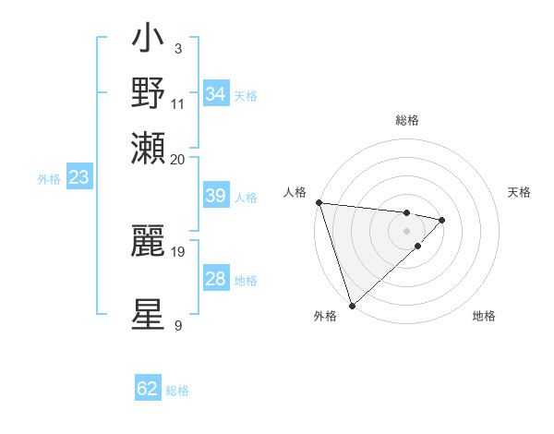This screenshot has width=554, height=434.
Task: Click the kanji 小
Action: (149, 42)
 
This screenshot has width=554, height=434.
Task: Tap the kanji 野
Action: (149, 93)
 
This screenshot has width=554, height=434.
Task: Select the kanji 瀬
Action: (149, 148)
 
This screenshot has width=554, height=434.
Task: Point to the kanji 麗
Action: (149, 242)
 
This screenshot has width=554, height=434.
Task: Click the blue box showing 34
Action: (216, 94)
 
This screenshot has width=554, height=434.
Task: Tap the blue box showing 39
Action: (216, 196)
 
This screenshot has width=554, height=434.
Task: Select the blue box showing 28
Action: (216, 279)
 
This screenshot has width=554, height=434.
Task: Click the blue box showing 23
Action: (78, 178)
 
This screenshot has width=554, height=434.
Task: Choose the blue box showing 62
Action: (148, 389)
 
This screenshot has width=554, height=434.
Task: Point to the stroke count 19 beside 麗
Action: (178, 251)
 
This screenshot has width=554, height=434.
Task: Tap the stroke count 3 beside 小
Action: (177, 48)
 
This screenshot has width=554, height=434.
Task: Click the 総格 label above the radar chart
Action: (407, 120)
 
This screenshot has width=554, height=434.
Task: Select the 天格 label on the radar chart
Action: (519, 192)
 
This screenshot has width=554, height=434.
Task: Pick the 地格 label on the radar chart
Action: (484, 317)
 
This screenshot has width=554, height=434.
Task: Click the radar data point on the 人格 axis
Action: (318, 202)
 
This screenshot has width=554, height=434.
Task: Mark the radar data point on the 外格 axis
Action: (352, 305)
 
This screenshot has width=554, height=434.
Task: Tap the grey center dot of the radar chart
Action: (406, 231)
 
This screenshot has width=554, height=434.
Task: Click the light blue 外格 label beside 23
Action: (49, 179)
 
